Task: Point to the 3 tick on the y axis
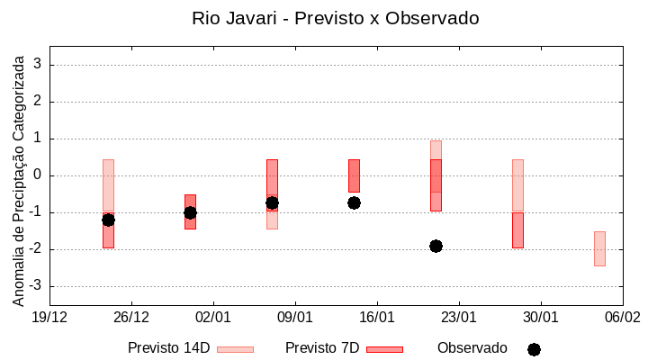(37, 65)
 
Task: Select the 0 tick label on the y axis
(37, 175)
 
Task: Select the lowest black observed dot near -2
(436, 246)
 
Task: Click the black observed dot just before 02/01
(190, 212)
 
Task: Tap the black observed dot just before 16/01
(354, 202)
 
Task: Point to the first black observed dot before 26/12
(108, 220)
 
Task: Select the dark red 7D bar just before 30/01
(517, 230)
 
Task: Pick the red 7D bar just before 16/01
(354, 175)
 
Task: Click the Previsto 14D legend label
(168, 348)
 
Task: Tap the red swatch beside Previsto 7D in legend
(384, 349)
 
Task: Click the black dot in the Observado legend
(534, 349)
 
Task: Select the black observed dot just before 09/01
(272, 202)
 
